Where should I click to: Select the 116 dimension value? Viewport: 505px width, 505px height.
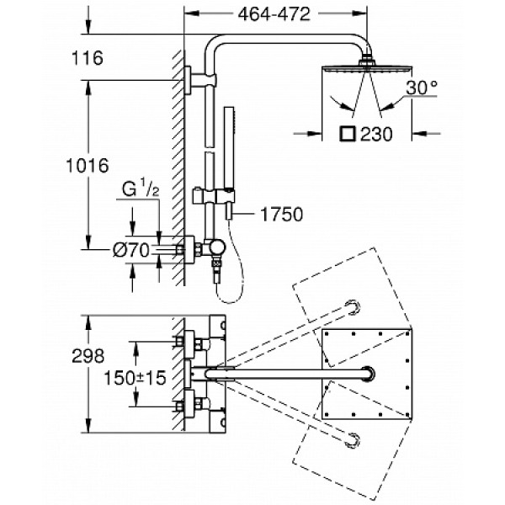[87, 58]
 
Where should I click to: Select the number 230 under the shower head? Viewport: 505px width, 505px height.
[375, 134]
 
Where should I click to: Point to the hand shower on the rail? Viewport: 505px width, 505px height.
[226, 135]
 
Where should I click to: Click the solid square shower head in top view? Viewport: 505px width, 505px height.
[366, 373]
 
